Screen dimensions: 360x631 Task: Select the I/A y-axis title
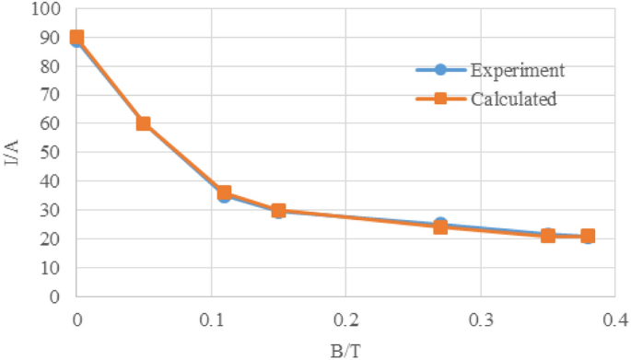(x=12, y=153)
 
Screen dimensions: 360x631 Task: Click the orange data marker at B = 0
(x=77, y=38)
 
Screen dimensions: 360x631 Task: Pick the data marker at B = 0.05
(x=144, y=123)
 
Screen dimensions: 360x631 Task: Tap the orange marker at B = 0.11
(x=224, y=193)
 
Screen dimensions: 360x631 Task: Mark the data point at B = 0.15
(x=278, y=211)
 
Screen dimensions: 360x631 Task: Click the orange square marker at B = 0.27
(x=439, y=227)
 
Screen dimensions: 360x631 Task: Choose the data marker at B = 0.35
(x=547, y=236)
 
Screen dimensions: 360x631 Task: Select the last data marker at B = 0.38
(x=588, y=237)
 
